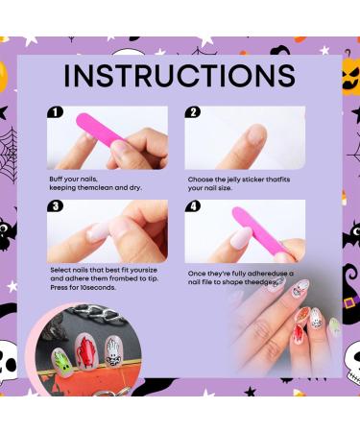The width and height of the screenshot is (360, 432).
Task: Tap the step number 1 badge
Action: pyautogui.click(x=57, y=112)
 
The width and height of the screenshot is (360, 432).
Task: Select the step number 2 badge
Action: pyautogui.click(x=192, y=112)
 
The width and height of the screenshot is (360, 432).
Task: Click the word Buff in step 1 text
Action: pyautogui.click(x=59, y=180)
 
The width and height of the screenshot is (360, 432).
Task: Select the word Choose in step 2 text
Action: pyautogui.click(x=199, y=180)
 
